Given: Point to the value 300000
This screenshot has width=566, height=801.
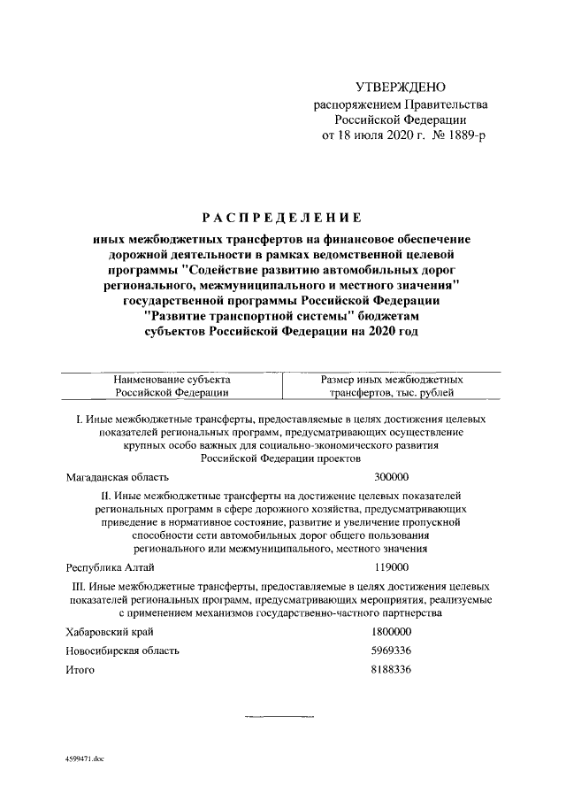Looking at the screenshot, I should [392, 476].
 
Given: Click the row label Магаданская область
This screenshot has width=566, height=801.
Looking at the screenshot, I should [117, 476].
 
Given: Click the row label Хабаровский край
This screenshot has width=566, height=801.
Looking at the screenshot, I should [110, 632].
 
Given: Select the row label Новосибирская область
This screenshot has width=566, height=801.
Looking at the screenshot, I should [123, 651].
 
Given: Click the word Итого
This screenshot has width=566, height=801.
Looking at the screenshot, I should [80, 670].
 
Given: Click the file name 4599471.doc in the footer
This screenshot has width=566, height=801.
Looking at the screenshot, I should [85, 759].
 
